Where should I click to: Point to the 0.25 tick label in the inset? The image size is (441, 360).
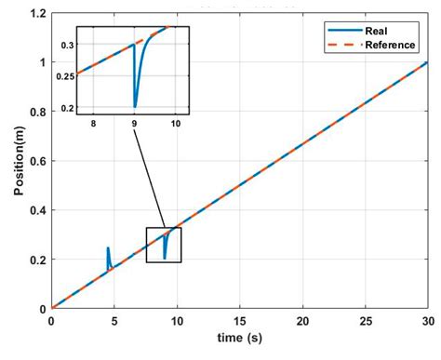pyautogui.click(x=63, y=75)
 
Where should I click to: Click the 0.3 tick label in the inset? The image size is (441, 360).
pyautogui.click(x=66, y=45)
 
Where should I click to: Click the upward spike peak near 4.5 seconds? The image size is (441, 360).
pyautogui.click(x=108, y=247)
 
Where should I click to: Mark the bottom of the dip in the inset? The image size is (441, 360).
pyautogui.click(x=135, y=107)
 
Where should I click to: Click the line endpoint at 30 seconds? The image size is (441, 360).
pyautogui.click(x=427, y=63)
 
